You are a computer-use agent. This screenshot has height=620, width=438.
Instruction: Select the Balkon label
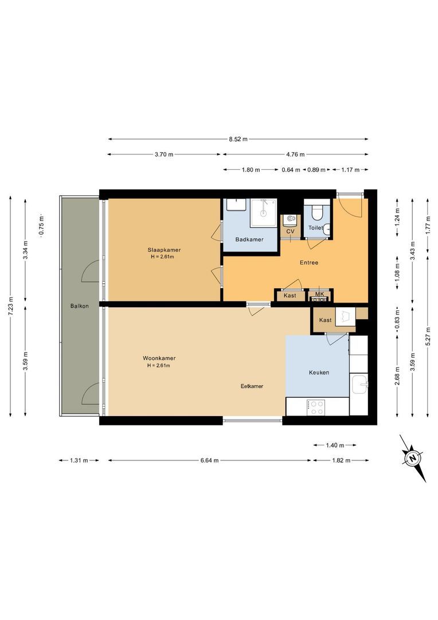[x=80, y=306]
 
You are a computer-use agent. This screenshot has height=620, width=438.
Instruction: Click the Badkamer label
[x=249, y=239]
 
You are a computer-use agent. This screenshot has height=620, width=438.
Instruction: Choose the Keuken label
[x=319, y=373]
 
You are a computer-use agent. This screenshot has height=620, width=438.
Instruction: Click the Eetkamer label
[x=252, y=386]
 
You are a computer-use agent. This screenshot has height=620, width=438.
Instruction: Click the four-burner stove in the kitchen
[x=316, y=407]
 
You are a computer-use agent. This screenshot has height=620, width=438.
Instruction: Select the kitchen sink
[x=359, y=383]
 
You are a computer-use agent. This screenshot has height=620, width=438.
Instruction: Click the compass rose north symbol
[x=412, y=458]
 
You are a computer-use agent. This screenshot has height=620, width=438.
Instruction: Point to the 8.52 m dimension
[x=238, y=139]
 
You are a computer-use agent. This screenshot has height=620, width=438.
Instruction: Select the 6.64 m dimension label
[x=209, y=460]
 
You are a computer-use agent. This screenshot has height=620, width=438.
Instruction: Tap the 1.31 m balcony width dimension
[x=79, y=460]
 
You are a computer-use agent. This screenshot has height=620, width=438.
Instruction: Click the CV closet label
[x=290, y=231]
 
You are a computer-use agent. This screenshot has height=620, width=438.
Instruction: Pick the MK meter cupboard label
[x=319, y=294]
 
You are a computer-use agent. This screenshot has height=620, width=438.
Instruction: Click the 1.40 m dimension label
[x=335, y=445]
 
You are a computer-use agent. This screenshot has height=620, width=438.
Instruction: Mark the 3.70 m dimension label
[x=164, y=154]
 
